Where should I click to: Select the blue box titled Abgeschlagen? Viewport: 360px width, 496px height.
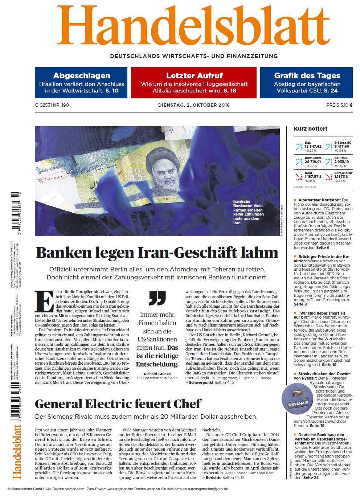click(x=81, y=83)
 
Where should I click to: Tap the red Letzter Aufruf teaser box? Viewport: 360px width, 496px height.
click(x=194, y=83)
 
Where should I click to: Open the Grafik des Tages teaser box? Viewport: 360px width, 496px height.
click(x=307, y=83)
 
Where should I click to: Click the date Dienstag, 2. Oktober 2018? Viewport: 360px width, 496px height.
click(x=194, y=105)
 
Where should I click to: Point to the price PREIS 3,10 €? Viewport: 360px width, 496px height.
click(x=339, y=105)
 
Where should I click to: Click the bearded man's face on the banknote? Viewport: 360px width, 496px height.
click(x=165, y=170)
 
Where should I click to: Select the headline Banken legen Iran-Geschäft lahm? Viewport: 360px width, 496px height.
click(x=157, y=253)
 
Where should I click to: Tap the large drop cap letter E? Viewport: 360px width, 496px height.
click(x=44, y=301)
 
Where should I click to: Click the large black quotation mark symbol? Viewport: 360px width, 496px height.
click(x=157, y=298)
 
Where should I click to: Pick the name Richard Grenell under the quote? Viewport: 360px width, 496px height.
click(x=157, y=374)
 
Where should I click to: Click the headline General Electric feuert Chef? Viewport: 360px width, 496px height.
click(x=118, y=404)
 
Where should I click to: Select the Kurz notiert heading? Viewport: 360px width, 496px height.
click(x=311, y=129)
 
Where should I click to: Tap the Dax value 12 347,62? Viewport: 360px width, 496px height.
click(x=313, y=147)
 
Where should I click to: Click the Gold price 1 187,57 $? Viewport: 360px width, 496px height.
click(x=313, y=177)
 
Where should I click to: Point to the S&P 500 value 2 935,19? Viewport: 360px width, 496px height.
click(x=342, y=162)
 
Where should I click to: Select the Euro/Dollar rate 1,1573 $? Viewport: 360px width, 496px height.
click(x=341, y=177)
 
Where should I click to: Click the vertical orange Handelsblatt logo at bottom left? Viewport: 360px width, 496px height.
click(x=17, y=452)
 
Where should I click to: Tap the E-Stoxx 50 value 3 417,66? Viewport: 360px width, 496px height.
click(x=342, y=147)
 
